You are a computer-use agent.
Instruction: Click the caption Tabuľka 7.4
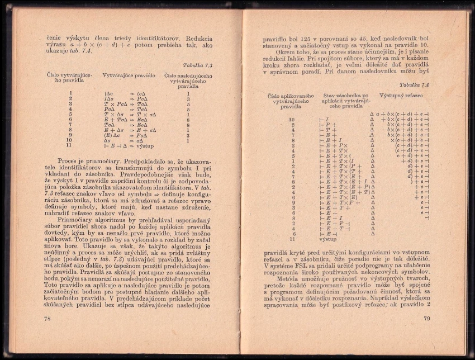414,84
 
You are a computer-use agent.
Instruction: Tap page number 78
47,319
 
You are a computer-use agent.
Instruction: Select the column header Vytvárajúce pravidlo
129,75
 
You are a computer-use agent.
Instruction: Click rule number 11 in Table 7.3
70,145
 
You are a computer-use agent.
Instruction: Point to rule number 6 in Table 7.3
70,119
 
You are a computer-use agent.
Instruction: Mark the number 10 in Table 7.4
292,119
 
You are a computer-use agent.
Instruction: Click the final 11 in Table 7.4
292,239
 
